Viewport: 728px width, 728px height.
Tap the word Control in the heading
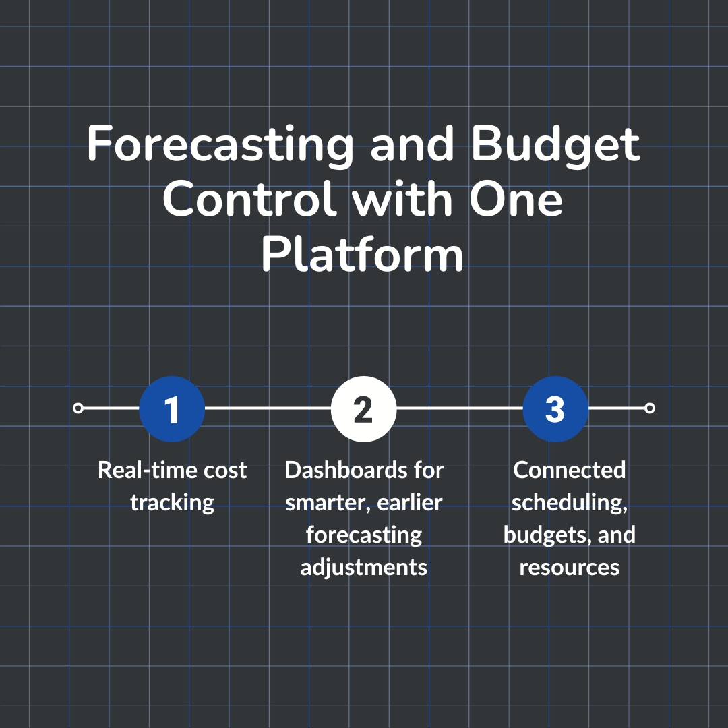249,201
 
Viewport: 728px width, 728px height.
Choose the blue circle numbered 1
172,408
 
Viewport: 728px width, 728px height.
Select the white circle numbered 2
363,408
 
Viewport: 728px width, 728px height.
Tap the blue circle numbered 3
555,408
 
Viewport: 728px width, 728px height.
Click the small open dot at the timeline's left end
78,408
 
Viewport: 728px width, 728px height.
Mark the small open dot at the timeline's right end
650,408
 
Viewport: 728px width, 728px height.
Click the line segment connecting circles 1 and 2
268,408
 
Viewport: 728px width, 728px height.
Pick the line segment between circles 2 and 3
460,408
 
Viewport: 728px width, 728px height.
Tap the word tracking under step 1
173,502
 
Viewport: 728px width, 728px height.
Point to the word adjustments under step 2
364,567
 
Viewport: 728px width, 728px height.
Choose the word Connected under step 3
570,470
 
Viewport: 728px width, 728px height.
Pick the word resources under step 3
570,567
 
